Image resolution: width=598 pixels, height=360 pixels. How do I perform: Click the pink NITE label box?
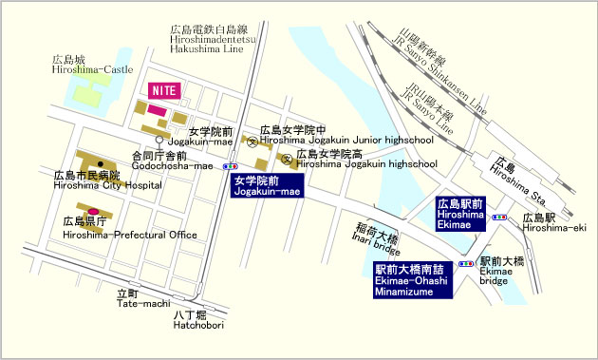[166, 89]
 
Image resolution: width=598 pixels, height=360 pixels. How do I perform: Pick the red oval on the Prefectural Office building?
[93, 211]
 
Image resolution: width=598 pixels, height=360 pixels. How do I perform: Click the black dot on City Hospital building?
[100, 163]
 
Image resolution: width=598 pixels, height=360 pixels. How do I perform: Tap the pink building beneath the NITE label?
[155, 111]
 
